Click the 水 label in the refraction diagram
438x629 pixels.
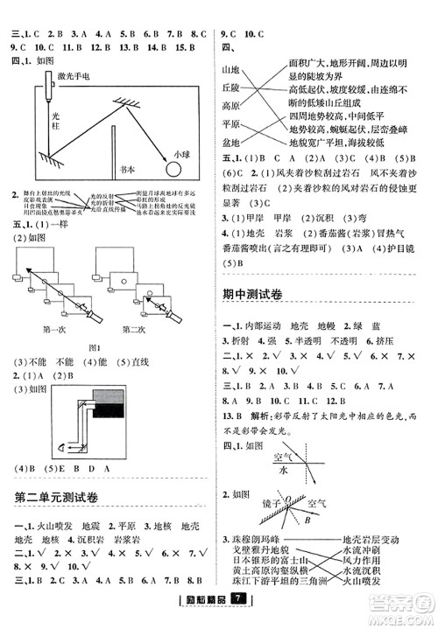pos(283,469)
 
